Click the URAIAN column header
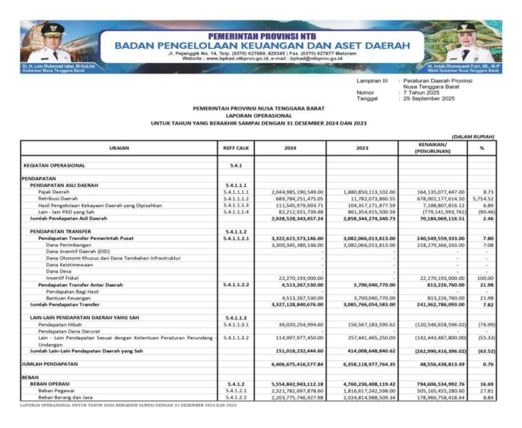pyautogui.click(x=118, y=149)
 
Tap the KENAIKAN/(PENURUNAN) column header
pyautogui.click(x=433, y=147)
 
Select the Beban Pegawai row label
pyautogui.click(x=57, y=391)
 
